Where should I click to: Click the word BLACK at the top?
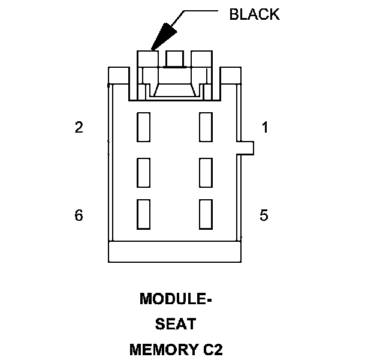[254, 14]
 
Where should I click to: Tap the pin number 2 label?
[79, 127]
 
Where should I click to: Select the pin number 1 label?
[264, 127]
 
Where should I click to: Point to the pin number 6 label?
[79, 215]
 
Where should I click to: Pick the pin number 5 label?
[264, 215]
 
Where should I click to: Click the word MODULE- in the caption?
[176, 299]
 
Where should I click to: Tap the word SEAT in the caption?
[176, 324]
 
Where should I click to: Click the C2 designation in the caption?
[212, 349]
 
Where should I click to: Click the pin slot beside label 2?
[143, 127]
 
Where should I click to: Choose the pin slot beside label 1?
[206, 127]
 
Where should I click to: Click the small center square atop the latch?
[174, 59]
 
